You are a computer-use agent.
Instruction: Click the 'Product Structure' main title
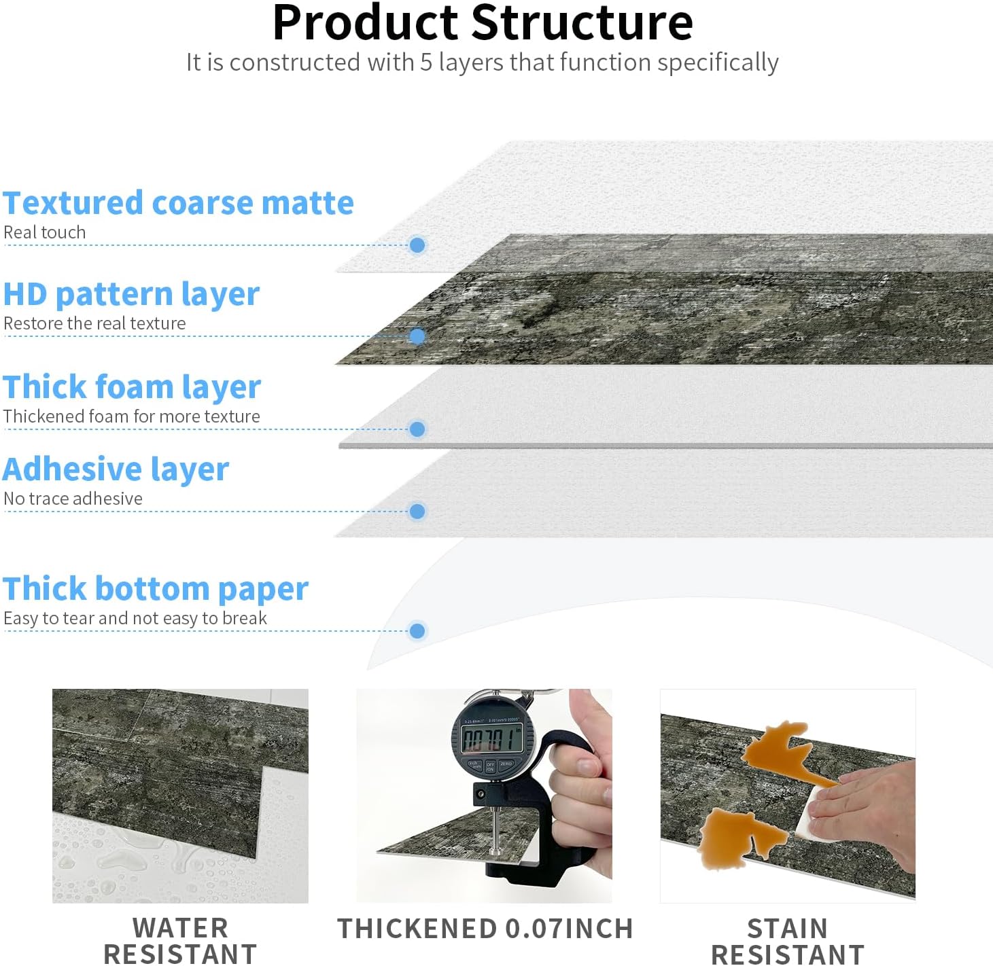pos(483,23)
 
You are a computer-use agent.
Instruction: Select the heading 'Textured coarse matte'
pos(178,203)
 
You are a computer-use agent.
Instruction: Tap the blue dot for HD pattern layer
pos(417,336)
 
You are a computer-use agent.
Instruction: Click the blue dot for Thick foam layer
pos(417,429)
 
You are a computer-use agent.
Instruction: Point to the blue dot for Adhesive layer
pos(417,512)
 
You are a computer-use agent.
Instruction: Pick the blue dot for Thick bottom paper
pos(417,631)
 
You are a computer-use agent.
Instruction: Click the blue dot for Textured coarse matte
pos(417,245)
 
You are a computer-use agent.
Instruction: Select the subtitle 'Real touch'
pos(45,232)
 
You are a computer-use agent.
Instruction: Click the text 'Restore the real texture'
pos(94,323)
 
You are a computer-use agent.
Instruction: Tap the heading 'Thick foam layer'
pos(132,387)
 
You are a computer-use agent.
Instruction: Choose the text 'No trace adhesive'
pos(73,499)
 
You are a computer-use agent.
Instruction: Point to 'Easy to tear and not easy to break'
pos(135,618)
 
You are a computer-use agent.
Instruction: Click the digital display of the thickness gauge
pos(491,738)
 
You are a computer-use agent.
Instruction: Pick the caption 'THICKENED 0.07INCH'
pos(485,929)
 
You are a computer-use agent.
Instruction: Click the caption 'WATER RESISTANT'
pos(180,941)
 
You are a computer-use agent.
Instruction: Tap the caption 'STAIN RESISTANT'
pos(788,941)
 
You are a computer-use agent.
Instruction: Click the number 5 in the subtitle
pos(426,62)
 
